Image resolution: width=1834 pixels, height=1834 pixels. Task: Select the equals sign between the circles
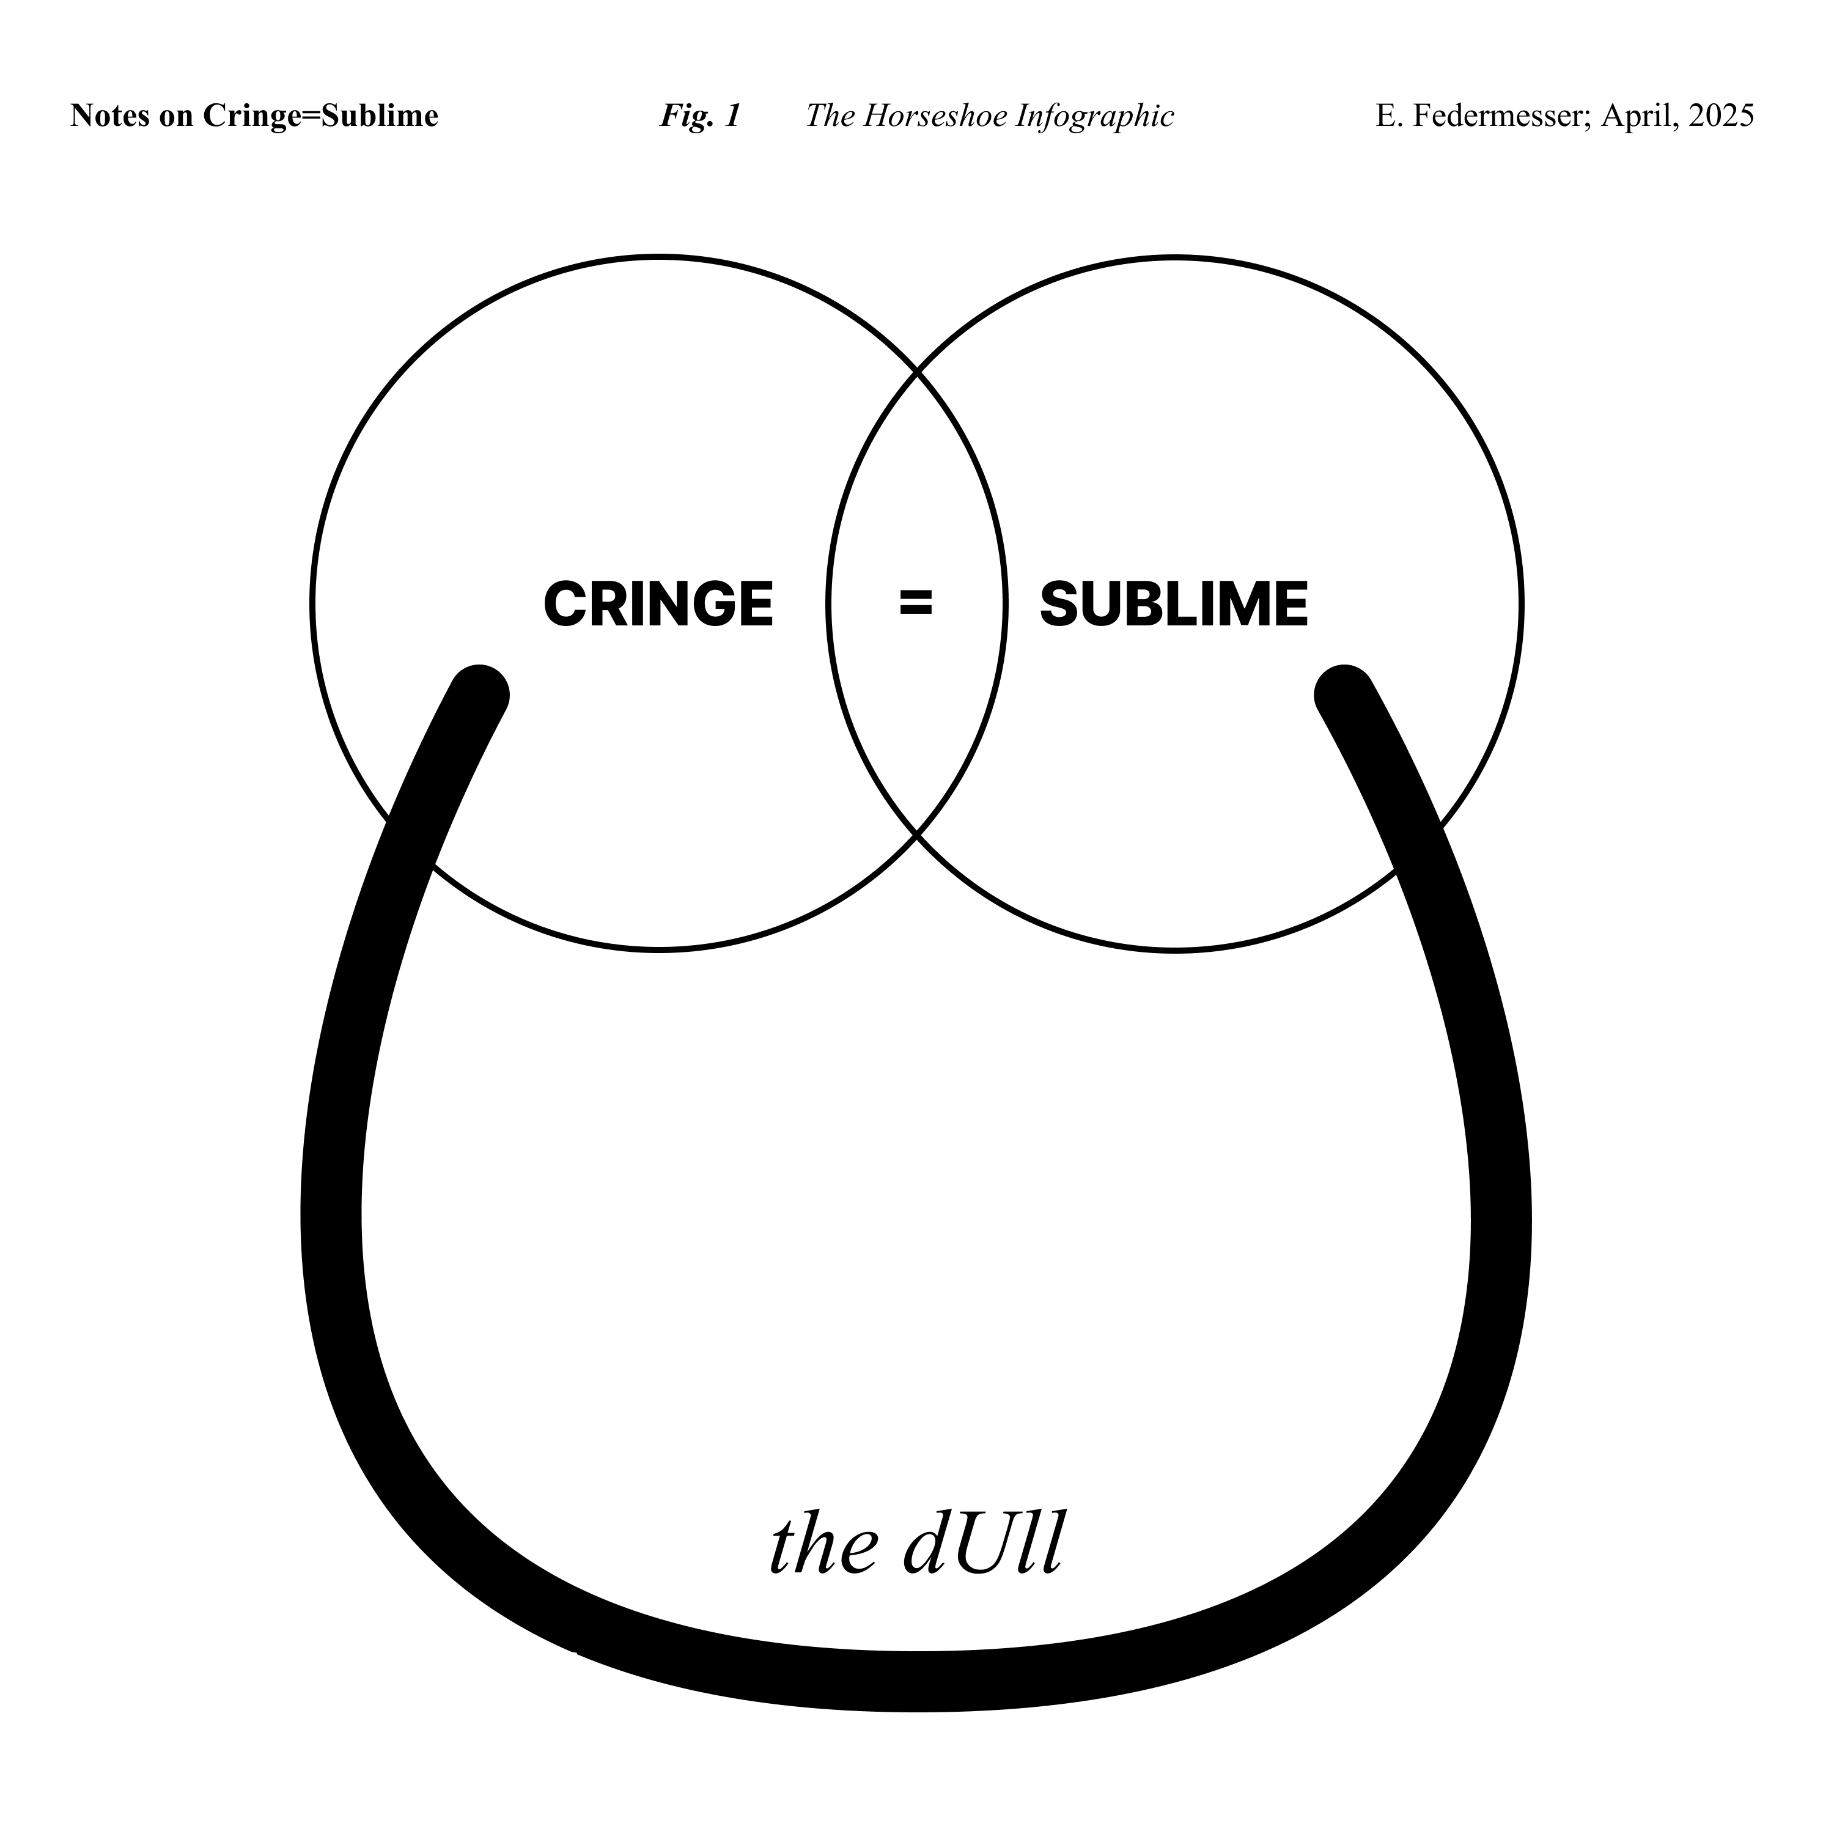coord(916,603)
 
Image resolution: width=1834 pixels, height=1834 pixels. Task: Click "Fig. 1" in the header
coord(699,116)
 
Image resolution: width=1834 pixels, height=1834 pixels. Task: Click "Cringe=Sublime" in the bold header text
coord(320,116)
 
